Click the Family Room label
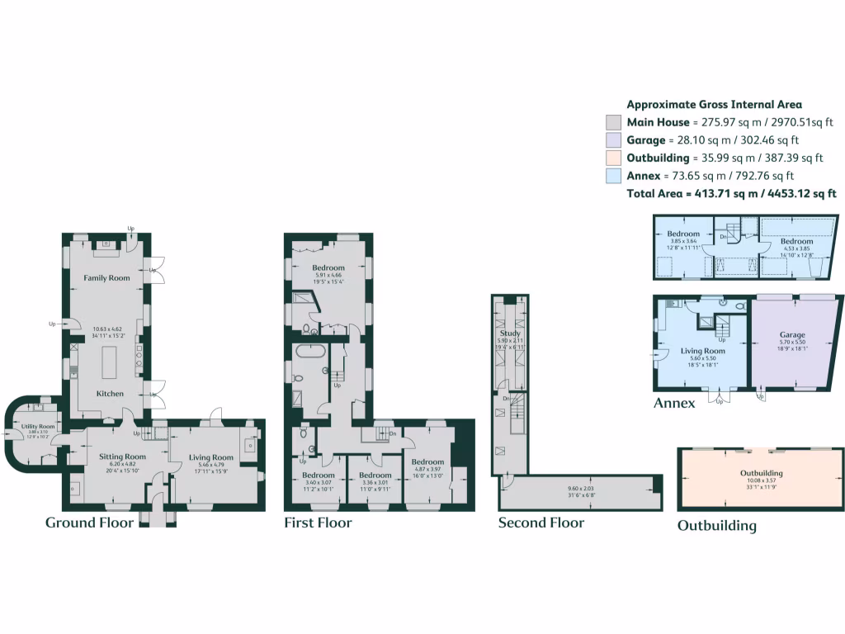point(107,278)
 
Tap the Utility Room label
point(39,426)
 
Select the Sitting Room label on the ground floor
point(122,457)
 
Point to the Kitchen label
point(110,394)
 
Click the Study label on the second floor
point(509,334)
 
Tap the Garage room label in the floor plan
point(793,335)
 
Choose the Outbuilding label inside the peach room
point(761,473)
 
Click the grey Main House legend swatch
point(613,122)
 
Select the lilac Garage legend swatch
point(613,140)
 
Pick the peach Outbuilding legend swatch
point(613,158)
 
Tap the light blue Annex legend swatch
point(613,176)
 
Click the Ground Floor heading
point(89,523)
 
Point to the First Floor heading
point(318,523)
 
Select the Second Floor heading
point(541,523)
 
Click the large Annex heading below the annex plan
point(674,404)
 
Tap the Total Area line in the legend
point(732,193)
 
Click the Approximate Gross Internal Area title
point(714,105)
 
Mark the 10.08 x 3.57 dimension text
point(761,481)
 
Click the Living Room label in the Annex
point(702,351)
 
